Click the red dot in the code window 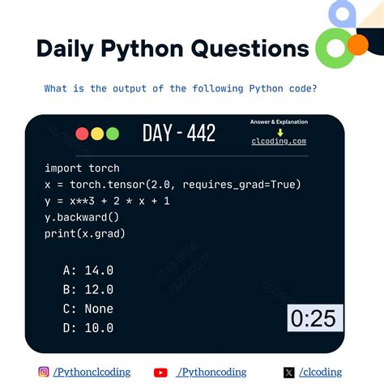pyautogui.click(x=82, y=134)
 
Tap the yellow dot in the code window pyautogui.click(x=96, y=134)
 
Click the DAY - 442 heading pyautogui.click(x=179, y=133)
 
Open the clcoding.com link pyautogui.click(x=279, y=141)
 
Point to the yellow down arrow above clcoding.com pyautogui.click(x=279, y=131)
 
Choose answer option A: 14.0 pyautogui.click(x=88, y=270)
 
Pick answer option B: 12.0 pyautogui.click(x=88, y=289)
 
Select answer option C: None pyautogui.click(x=88, y=309)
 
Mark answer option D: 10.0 pyautogui.click(x=88, y=328)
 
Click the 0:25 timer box pyautogui.click(x=314, y=318)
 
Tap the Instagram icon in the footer pyautogui.click(x=44, y=372)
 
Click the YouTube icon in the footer pyautogui.click(x=160, y=372)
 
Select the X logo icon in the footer pyautogui.click(x=289, y=372)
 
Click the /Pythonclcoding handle pyautogui.click(x=92, y=372)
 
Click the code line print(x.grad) pyautogui.click(x=85, y=233)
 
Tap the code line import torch pyautogui.click(x=82, y=169)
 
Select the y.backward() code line pyautogui.click(x=82, y=217)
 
